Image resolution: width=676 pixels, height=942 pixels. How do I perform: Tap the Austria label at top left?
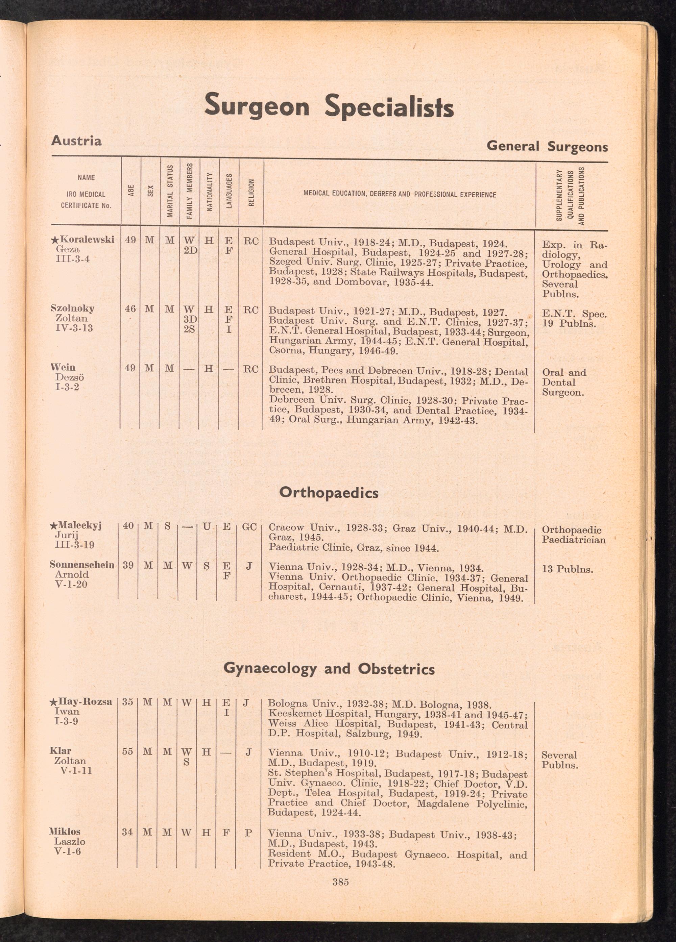click(76, 141)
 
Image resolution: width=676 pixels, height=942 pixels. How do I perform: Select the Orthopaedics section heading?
click(329, 493)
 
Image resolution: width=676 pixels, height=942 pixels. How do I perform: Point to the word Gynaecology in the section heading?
click(270, 668)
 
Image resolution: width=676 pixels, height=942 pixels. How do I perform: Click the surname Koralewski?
click(87, 240)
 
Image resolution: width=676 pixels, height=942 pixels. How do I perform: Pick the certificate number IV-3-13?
click(74, 328)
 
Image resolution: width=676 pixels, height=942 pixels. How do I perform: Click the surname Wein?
click(63, 367)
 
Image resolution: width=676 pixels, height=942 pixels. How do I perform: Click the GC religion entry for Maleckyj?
click(249, 527)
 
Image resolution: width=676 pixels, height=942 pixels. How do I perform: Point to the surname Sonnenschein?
click(82, 565)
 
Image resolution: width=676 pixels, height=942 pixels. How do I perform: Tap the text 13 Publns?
click(568, 569)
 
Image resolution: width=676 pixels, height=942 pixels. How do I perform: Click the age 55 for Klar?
click(127, 752)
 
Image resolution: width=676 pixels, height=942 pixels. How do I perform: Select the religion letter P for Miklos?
click(248, 832)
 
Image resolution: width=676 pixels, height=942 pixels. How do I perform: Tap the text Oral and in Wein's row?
click(564, 372)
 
